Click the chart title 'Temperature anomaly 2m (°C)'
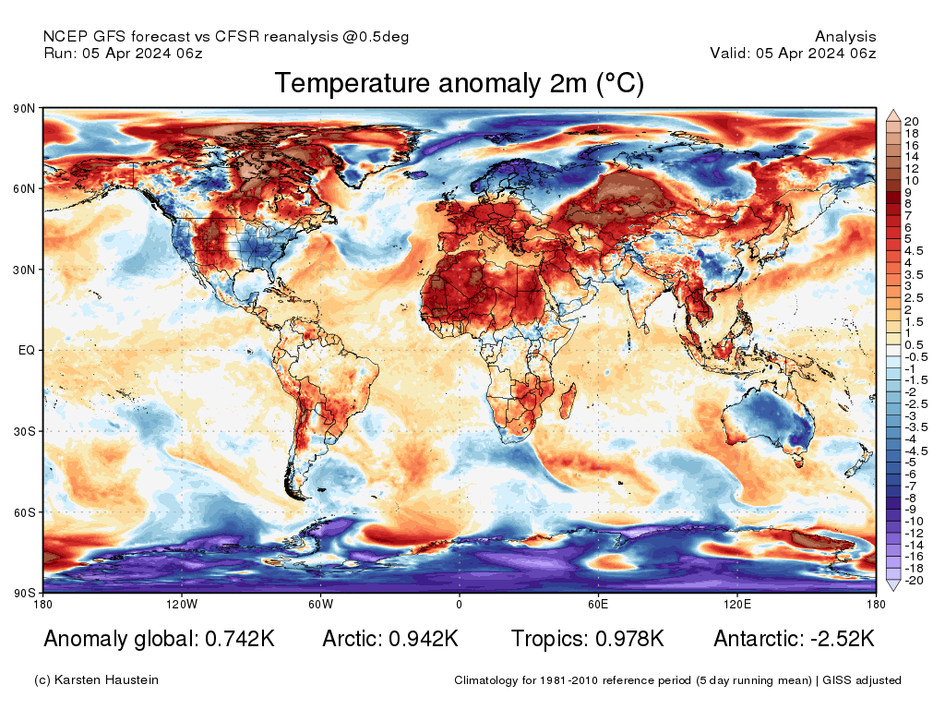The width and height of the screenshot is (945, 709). pos(459,83)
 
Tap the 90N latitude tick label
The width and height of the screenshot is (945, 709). pos(24,108)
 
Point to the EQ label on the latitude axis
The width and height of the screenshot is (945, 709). pos(26,351)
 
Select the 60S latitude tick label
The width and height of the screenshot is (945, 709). pos(24,512)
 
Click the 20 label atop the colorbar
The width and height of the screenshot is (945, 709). pos(911,121)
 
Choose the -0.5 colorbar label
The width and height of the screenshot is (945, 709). pos(915,356)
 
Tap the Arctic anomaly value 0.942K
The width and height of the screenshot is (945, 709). pos(422,639)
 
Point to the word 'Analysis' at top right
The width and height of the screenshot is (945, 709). pos(845,37)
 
